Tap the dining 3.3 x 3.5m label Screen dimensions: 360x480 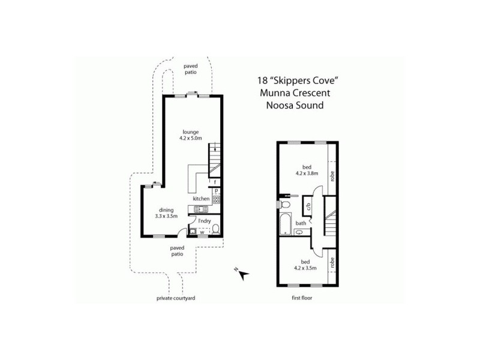pos(166,212)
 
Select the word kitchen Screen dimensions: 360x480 pos(200,199)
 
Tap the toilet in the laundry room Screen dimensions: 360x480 pos(216,229)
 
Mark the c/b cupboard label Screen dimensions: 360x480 pos(307,207)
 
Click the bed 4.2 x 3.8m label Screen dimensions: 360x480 pos(306,170)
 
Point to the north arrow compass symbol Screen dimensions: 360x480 pos(242,275)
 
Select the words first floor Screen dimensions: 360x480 pos(302,298)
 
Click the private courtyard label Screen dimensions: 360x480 pos(176,298)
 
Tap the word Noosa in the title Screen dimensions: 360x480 pos(279,105)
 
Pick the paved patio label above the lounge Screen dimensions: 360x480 pos(190,69)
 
